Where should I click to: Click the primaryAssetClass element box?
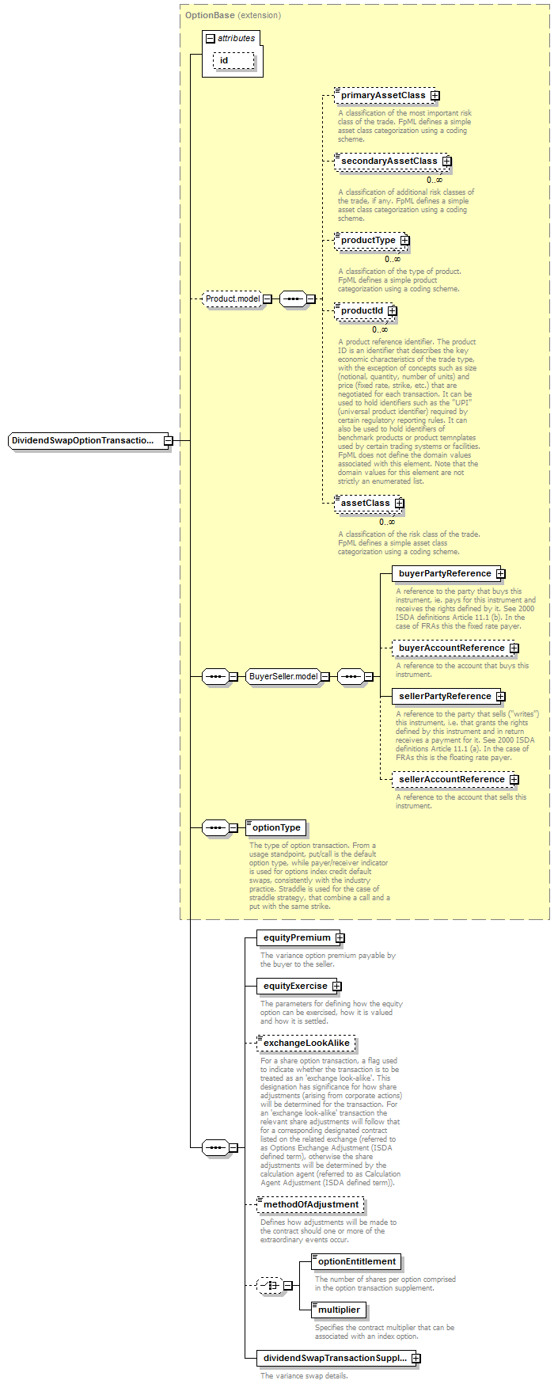383,96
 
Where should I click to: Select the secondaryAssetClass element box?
389,162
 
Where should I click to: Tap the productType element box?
368,241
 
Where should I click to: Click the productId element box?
362,311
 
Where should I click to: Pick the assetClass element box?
365,504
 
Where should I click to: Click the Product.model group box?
233,299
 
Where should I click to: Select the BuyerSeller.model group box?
283,677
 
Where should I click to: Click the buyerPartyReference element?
445,574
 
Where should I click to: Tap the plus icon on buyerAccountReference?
514,648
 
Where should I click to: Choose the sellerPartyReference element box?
445,697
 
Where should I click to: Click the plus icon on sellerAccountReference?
514,780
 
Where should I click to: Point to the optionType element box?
276,828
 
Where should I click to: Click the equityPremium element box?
297,938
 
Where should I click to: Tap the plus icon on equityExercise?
336,987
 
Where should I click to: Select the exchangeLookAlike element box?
306,1044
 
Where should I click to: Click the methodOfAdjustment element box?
311,1205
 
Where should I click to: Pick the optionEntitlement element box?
357,1262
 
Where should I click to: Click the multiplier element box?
339,1310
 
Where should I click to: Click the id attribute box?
233,61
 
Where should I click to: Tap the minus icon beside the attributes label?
210,39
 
